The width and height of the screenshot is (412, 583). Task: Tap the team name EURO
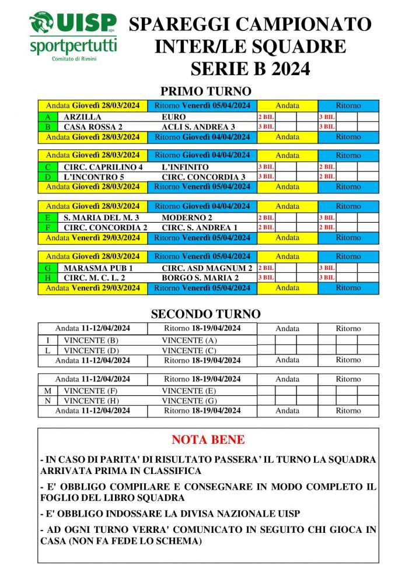174,117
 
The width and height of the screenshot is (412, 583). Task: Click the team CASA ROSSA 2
93,127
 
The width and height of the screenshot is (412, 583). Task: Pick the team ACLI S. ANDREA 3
198,127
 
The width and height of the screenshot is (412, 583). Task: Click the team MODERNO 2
185,217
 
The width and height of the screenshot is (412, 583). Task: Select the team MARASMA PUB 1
99,268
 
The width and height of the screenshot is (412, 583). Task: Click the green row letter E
47,217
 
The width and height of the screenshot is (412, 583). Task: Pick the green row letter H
47,278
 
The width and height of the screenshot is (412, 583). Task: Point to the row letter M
47,391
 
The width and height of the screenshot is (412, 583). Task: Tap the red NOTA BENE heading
208,440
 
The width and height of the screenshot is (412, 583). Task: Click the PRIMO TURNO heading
205,92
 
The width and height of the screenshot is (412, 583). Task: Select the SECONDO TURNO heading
205,314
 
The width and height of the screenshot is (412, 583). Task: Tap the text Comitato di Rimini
73,59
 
